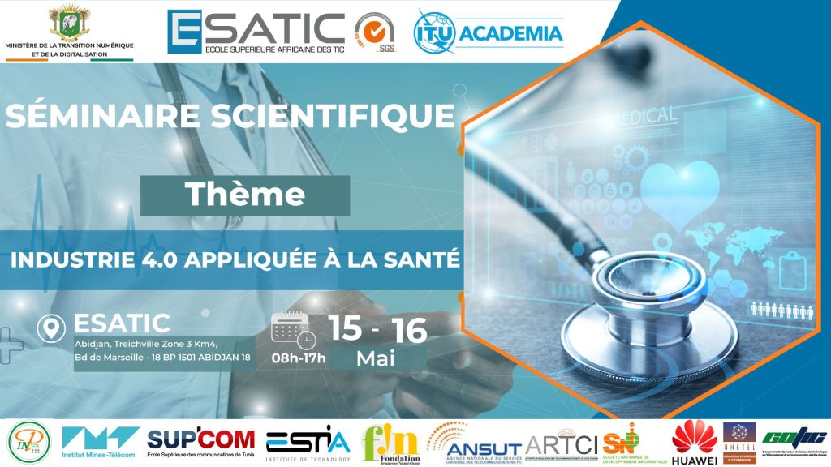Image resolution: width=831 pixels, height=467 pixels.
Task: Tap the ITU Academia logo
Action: (489, 33)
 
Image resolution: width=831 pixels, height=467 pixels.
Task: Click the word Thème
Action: (244, 195)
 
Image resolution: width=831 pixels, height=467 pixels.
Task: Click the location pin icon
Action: (53, 328)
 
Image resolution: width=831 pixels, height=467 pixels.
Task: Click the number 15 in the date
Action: (346, 329)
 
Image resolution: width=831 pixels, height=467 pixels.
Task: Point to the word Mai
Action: (376, 358)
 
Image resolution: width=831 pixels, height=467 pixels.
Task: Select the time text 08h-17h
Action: (299, 357)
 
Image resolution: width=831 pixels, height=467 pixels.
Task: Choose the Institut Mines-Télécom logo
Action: (99, 443)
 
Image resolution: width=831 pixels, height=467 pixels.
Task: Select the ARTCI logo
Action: (562, 442)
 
